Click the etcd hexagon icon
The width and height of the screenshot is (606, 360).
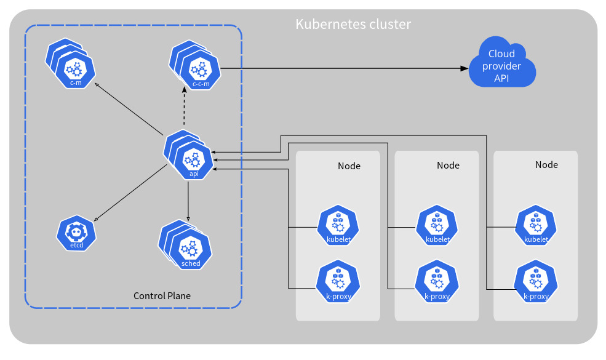pyautogui.click(x=76, y=233)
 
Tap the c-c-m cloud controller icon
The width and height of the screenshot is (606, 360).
pyautogui.click(x=195, y=65)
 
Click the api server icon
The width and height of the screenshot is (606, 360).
pyautogui.click(x=189, y=155)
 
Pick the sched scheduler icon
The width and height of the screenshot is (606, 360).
pyautogui.click(x=185, y=245)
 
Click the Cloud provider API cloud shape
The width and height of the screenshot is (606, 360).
pyautogui.click(x=502, y=63)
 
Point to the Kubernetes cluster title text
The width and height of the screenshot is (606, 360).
pyautogui.click(x=353, y=24)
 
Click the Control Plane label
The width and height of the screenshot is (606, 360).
pyautogui.click(x=162, y=296)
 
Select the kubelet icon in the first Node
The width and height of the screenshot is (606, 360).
pyautogui.click(x=338, y=226)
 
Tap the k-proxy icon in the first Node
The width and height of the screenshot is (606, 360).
pyautogui.click(x=338, y=281)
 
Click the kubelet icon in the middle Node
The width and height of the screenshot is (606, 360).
pyautogui.click(x=437, y=226)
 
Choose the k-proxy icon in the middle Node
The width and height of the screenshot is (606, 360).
pyautogui.click(x=437, y=281)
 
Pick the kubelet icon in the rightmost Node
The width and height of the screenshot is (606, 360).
pyautogui.click(x=536, y=226)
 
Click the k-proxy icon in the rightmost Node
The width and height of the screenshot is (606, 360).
pyautogui.click(x=536, y=281)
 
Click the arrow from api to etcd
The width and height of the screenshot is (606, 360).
pyautogui.click(x=130, y=193)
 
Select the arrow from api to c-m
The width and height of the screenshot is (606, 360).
pyautogui.click(x=129, y=109)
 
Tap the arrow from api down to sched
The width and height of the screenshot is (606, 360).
pyautogui.click(x=188, y=201)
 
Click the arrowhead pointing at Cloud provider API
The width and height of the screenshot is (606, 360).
pyautogui.click(x=464, y=68)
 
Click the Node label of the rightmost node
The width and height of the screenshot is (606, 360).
pyautogui.click(x=546, y=165)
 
